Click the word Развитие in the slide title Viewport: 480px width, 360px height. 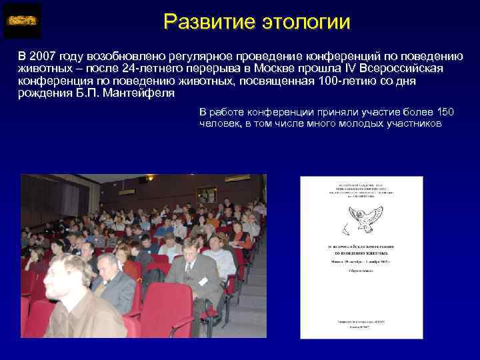point(204,21)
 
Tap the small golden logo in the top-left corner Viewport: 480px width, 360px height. point(22,21)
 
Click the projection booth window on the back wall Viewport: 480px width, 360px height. point(207,194)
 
